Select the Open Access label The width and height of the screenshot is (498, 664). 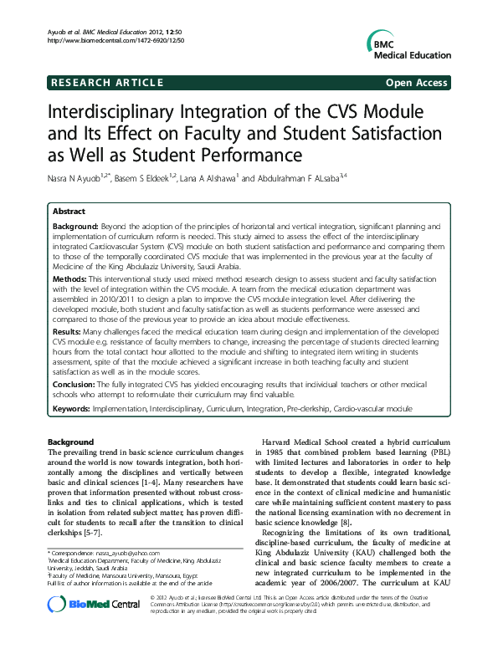(x=420, y=83)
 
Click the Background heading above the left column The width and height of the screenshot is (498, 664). (x=71, y=441)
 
